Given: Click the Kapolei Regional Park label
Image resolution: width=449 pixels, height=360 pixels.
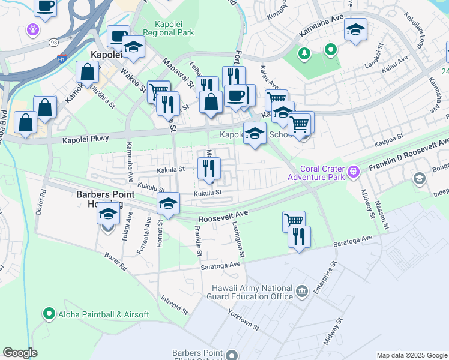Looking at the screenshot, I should [170, 28].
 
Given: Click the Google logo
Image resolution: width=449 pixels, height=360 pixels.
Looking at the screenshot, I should [20, 353].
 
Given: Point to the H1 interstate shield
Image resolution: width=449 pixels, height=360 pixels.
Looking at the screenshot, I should [61, 58].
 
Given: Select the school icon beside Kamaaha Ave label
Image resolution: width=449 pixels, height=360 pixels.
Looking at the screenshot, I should [355, 30].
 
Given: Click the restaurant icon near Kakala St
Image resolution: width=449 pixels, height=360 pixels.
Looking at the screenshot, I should [209, 168].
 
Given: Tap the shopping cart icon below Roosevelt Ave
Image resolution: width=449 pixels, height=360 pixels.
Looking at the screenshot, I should [294, 221].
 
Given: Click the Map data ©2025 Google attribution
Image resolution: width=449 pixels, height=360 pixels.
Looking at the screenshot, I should [411, 355].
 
